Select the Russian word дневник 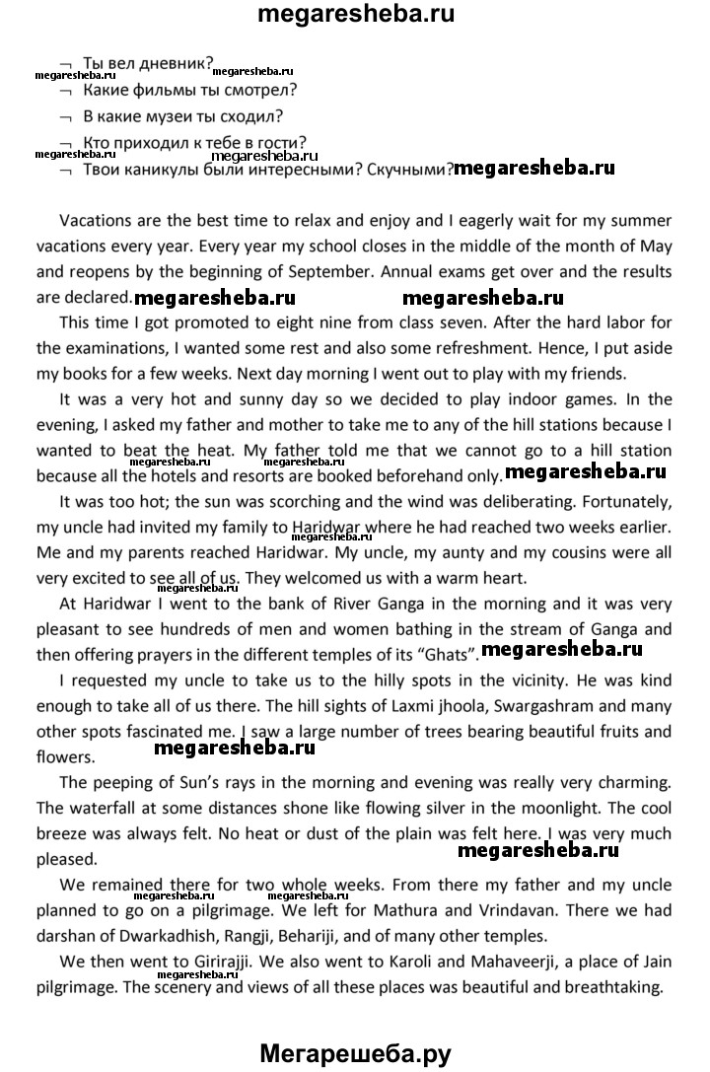tap(176, 65)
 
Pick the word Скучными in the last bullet tap(407, 169)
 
